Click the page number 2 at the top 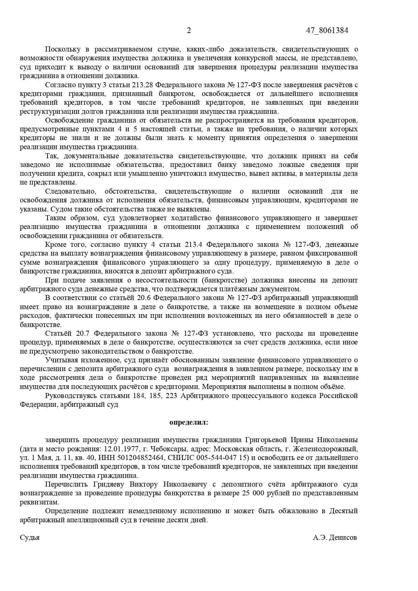189,31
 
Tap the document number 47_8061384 327,31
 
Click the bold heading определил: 189,422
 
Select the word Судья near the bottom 30,537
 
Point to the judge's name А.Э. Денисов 334,537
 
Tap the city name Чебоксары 167,449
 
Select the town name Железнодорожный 325,449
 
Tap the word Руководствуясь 71,396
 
